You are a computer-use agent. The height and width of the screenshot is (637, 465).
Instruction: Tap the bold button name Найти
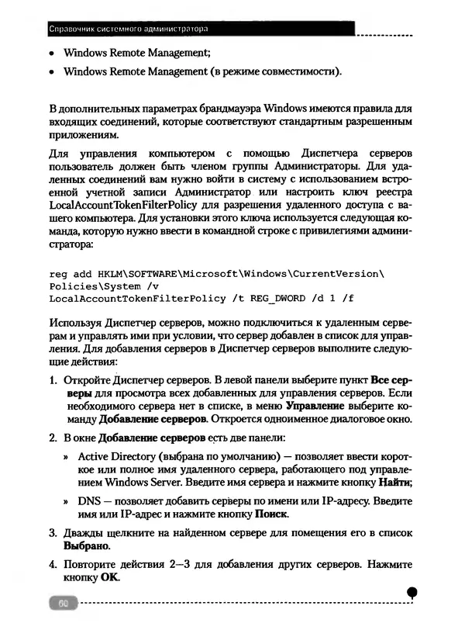point(394,483)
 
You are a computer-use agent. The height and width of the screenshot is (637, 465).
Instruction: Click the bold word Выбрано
point(87,546)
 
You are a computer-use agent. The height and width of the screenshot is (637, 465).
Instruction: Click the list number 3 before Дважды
point(53,534)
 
